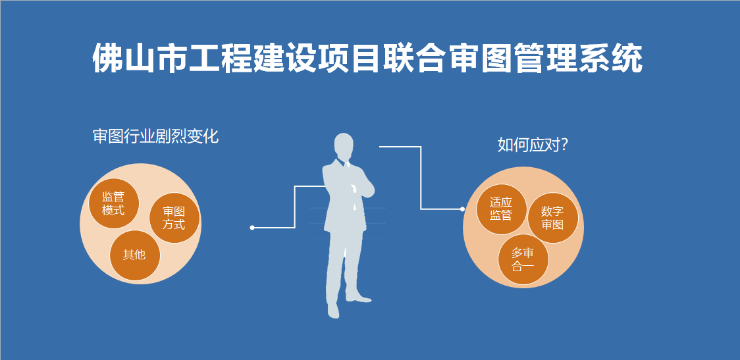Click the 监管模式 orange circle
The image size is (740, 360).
click(114, 203)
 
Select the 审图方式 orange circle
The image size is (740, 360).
click(174, 218)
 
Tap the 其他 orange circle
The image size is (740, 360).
click(135, 255)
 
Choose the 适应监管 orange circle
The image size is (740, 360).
click(501, 209)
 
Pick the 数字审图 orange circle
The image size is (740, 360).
click(552, 218)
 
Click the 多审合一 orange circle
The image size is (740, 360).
click(523, 259)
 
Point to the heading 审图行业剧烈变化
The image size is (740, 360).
click(156, 136)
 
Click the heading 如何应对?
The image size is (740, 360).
click(533, 145)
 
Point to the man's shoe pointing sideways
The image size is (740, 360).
click(359, 298)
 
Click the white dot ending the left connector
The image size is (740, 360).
click(252, 228)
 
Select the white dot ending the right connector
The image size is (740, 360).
click(462, 209)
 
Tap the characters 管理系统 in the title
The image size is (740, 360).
click(579, 59)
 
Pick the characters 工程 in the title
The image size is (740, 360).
click(219, 59)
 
